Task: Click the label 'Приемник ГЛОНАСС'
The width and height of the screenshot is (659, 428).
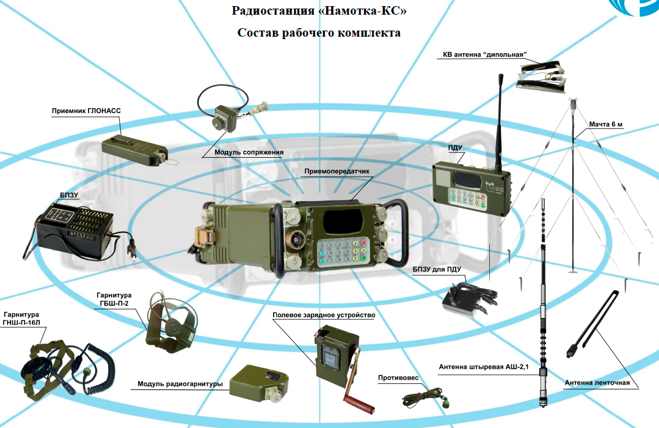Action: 86,111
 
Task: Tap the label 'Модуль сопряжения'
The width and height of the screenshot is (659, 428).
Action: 249,153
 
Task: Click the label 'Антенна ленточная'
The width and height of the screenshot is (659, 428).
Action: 597,383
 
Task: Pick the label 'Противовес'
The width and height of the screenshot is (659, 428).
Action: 398,378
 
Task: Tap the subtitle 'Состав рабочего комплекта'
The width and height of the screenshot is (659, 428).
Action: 319,33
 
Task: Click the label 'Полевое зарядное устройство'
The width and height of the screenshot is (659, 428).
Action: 324,315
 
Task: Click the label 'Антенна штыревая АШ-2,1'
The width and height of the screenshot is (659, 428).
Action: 482,366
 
